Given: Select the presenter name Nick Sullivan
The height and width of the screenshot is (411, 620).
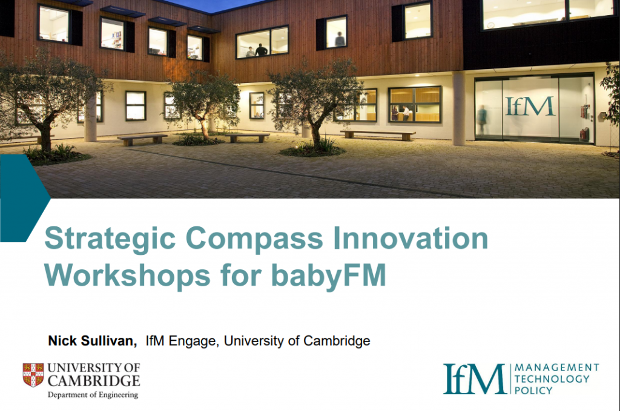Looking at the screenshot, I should pos(92,341).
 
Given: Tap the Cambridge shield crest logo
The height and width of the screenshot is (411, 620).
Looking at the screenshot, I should pos(33,375).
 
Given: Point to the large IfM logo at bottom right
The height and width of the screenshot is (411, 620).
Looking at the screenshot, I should pos(474,379).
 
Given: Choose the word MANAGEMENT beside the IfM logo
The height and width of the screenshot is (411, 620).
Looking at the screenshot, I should pos(556,367).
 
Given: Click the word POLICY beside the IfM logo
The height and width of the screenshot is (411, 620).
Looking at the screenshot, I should pos(533,390).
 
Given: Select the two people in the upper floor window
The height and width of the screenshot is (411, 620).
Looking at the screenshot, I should pos(256,51).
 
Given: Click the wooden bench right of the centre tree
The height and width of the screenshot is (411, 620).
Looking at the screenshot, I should pos(378,133).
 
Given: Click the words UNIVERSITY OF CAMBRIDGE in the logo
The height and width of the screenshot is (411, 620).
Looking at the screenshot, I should pos(93,375).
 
